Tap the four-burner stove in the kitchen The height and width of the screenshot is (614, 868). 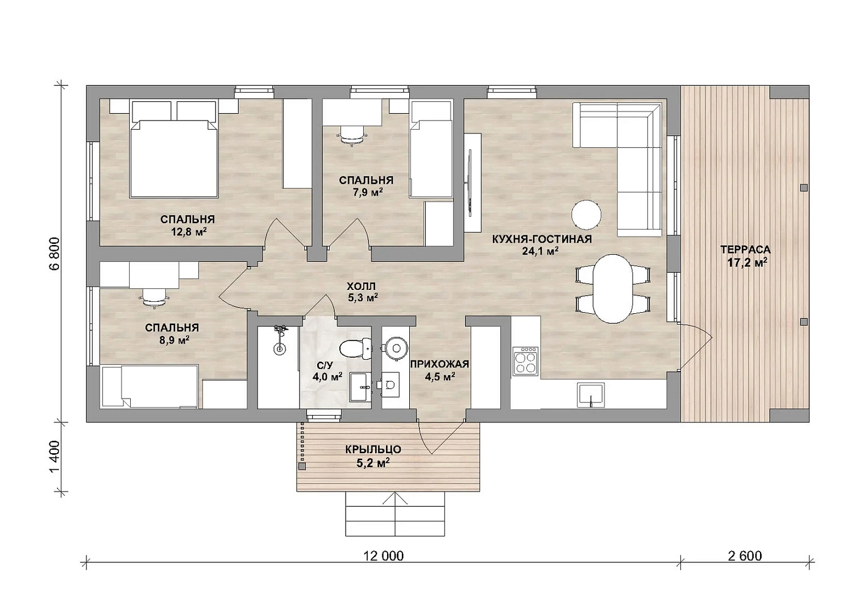tap(526, 361)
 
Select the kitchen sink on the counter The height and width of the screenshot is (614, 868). tap(591, 395)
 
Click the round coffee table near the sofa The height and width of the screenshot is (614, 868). tap(586, 215)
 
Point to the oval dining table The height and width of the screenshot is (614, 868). tap(613, 288)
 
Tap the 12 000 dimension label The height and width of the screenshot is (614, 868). tap(383, 556)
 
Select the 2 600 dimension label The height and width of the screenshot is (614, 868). tap(745, 556)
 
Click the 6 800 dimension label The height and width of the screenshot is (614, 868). tap(55, 254)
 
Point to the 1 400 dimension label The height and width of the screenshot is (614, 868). tap(55, 457)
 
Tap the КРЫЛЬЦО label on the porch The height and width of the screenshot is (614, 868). tap(373, 449)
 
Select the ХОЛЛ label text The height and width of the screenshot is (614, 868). tap(361, 287)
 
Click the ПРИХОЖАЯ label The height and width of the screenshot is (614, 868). tap(439, 364)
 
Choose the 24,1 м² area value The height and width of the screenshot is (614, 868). tap(540, 251)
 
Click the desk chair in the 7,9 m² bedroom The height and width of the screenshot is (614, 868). tap(352, 137)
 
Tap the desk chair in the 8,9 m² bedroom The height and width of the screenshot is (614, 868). tap(154, 299)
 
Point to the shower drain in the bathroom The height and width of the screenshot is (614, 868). tap(279, 349)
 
